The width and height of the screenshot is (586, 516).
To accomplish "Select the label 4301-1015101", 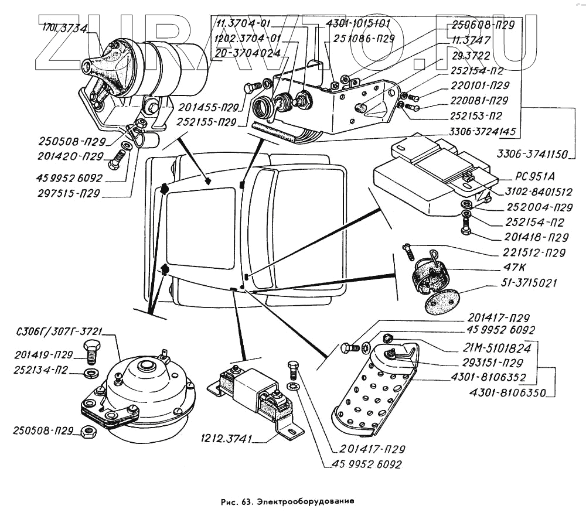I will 358,24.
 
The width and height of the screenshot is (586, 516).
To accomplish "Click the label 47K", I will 515,268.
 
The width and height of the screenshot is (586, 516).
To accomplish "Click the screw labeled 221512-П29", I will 410,252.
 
